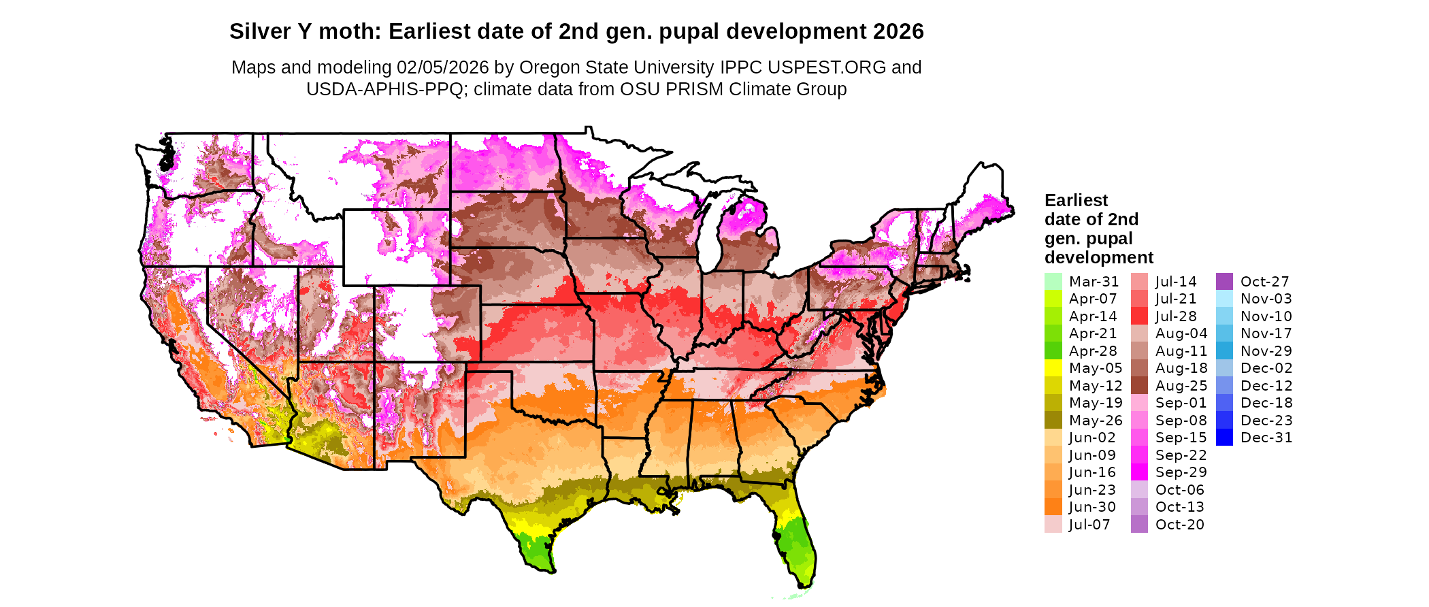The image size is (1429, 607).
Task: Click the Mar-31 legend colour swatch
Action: coord(1053,281)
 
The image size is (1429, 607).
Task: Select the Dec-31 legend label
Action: coord(1266,438)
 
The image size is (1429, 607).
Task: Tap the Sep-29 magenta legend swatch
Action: coord(1139,472)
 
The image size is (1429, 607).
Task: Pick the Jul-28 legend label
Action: coord(1176,316)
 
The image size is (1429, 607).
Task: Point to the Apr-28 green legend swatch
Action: coord(1053,351)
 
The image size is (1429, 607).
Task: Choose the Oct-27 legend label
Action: coord(1264,282)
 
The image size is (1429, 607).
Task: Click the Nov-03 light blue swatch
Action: coord(1224,299)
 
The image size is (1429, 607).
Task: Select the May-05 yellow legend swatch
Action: coord(1053,368)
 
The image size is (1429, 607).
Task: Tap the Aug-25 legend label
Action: coord(1181,386)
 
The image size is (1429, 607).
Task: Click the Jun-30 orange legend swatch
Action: coord(1053,507)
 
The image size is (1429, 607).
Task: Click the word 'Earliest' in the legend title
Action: coord(1076,200)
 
